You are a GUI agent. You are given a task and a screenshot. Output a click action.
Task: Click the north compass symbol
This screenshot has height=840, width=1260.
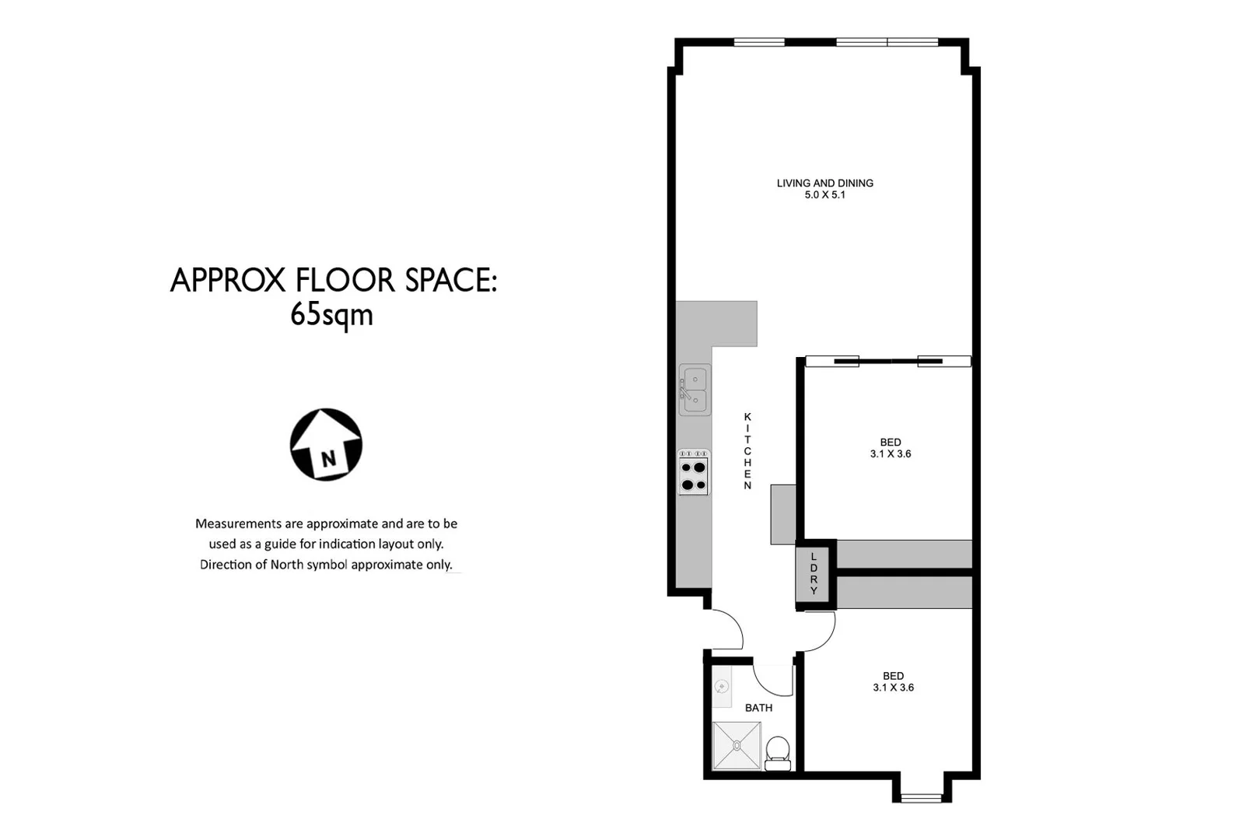(326, 444)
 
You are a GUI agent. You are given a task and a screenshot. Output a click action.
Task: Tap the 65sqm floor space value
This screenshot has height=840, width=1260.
(331, 315)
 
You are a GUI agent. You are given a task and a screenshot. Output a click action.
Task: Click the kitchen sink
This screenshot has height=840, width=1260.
(695, 390)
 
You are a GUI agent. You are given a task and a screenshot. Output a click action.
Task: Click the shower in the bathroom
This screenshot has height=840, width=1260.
(737, 745)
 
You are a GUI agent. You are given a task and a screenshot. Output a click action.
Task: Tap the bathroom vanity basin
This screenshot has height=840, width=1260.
(723, 686)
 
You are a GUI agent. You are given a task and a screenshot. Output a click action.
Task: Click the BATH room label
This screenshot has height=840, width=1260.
(758, 708)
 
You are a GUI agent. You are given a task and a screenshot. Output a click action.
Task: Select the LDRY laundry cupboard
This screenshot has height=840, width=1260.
(814, 574)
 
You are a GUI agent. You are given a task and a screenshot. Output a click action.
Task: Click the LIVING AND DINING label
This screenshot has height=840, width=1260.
(824, 183)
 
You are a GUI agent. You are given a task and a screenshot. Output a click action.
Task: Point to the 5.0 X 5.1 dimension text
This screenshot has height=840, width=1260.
(824, 195)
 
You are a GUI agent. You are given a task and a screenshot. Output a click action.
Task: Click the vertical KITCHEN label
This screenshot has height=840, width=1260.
(747, 451)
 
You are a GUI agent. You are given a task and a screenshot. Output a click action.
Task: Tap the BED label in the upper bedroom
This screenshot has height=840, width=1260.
(890, 442)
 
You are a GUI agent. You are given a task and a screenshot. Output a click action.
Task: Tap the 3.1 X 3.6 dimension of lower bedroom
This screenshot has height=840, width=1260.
(893, 688)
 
